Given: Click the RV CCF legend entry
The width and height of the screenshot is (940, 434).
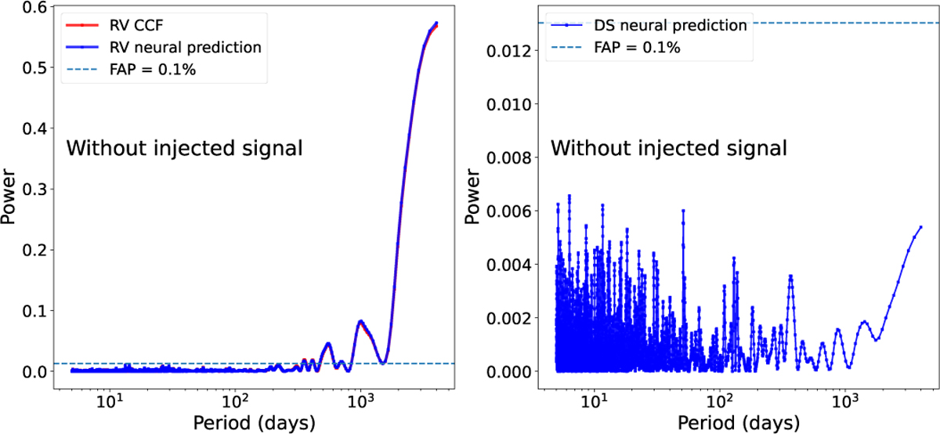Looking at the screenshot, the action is coord(114,25).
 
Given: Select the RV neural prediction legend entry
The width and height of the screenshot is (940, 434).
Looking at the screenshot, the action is coord(163,48).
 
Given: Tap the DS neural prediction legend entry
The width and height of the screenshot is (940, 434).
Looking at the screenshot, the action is coord(649,25).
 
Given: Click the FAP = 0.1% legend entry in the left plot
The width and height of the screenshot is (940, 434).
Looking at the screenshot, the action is coord(131,69).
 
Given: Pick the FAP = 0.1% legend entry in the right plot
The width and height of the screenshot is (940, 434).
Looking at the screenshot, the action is coord(615,48).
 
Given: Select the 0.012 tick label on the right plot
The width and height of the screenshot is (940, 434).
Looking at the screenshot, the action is coord(509,51).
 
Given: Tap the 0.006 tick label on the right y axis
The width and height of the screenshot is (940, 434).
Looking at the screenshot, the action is coord(509,211).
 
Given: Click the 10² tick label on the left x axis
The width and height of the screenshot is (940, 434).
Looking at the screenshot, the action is coord(235,401).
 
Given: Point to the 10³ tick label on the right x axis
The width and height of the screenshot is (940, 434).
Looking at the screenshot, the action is coord(845,401).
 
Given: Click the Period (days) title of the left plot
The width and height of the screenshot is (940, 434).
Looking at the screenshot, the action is coord(255,423).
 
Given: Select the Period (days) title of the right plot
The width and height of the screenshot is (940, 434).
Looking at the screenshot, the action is coord(739,423).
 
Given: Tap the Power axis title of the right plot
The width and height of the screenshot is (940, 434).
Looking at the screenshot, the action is coord(472,197).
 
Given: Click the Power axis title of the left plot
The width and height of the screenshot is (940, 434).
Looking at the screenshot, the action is coord(8,197).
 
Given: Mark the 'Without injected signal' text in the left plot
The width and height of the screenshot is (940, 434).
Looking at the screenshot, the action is coord(184,148).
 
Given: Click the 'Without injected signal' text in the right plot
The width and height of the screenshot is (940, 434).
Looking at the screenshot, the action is coord(668,148).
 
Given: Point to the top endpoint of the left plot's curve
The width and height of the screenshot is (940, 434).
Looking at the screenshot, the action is coord(436,23).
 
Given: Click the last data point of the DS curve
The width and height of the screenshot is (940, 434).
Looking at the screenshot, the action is coord(920,227).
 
